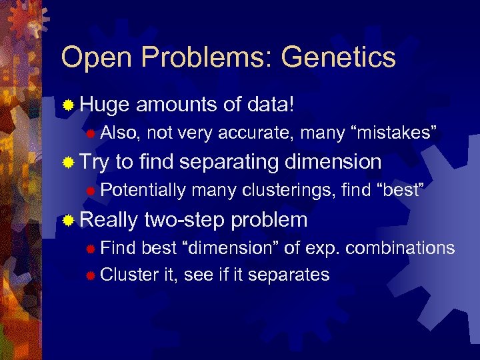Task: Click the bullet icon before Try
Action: pyautogui.click(x=67, y=163)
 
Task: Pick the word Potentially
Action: pyautogui.click(x=143, y=191)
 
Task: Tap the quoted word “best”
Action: pyautogui.click(x=401, y=191)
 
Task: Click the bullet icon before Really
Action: pyautogui.click(x=67, y=220)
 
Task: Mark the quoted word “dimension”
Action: pyautogui.click(x=229, y=248)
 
